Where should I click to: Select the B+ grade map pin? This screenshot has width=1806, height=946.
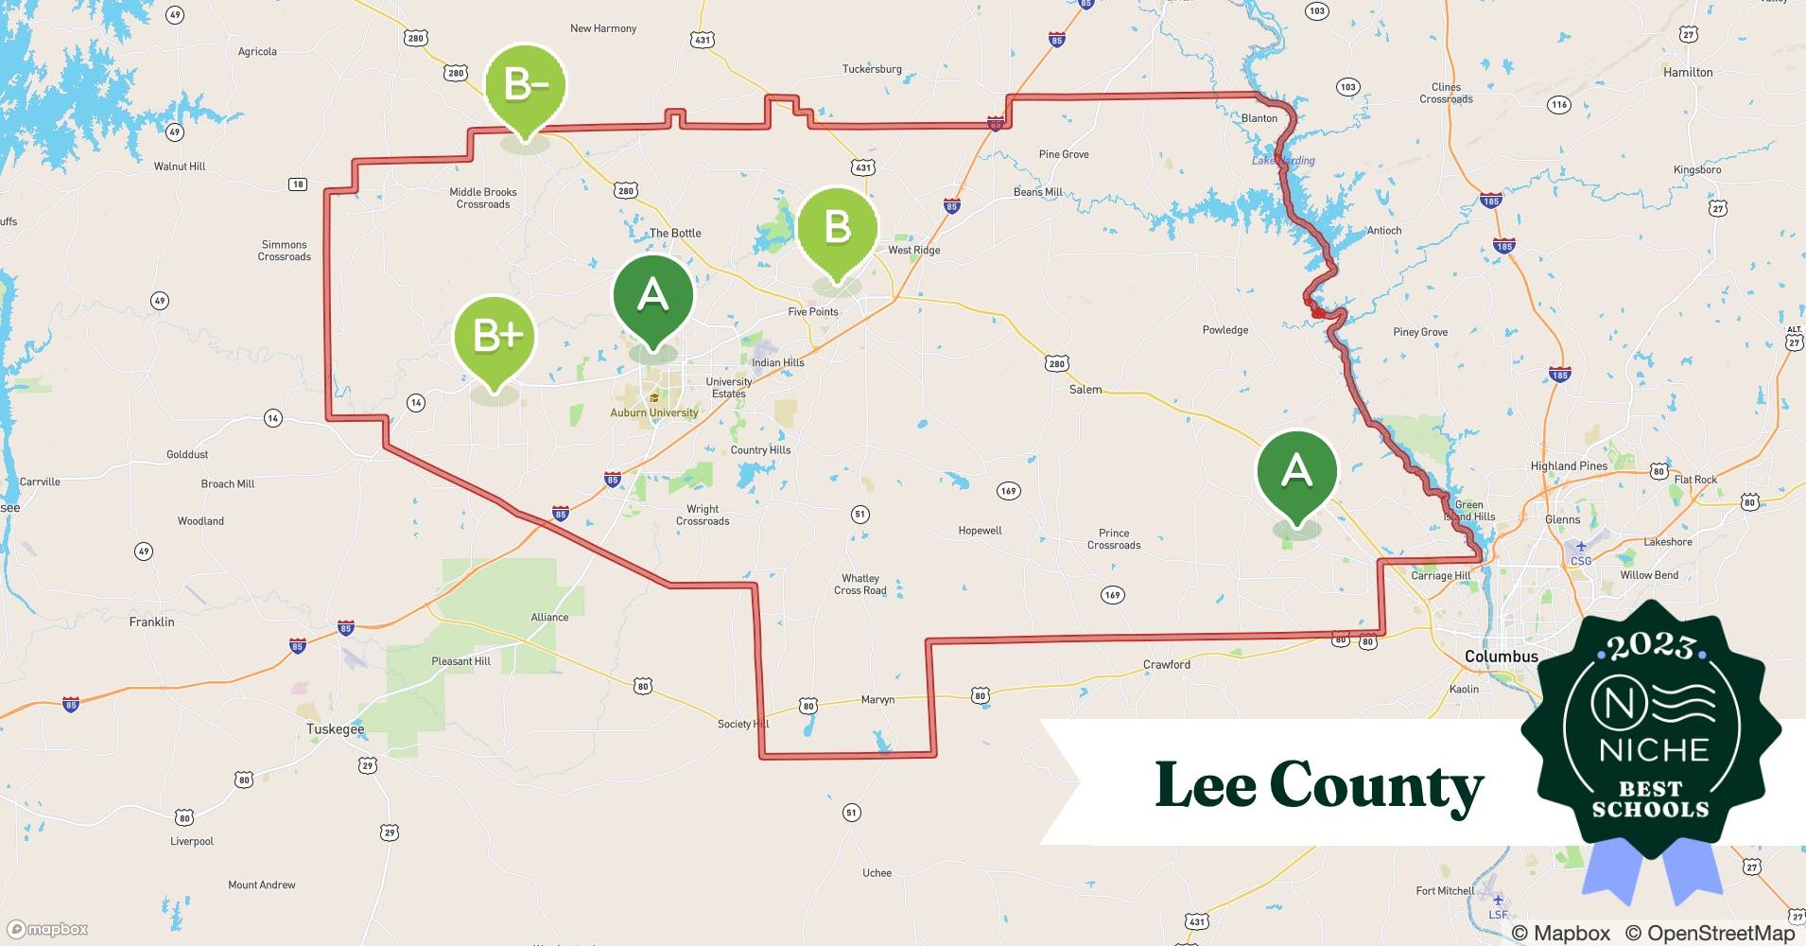tap(495, 337)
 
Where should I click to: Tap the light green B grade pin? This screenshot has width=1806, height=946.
tap(837, 228)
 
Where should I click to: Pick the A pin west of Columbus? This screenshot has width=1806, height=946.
tap(1296, 471)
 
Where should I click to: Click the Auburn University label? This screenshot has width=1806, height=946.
tap(654, 412)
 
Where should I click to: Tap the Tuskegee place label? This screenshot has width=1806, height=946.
tap(335, 729)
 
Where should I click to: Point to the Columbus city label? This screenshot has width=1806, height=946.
tap(1501, 657)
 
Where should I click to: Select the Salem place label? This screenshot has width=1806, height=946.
tap(1085, 390)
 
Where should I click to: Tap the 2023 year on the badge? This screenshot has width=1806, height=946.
tap(1651, 647)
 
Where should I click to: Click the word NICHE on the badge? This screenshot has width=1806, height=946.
tap(1654, 750)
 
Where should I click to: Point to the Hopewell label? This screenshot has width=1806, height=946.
tap(980, 531)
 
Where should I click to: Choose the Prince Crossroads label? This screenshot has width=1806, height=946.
tap(1114, 539)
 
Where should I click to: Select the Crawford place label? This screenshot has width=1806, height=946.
tap(1166, 665)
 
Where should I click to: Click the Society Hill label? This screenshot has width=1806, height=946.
tap(743, 725)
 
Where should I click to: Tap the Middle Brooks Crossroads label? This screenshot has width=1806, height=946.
tap(483, 198)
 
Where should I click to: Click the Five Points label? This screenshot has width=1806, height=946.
tap(813, 312)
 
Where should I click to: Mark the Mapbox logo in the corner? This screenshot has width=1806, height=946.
tap(47, 930)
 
